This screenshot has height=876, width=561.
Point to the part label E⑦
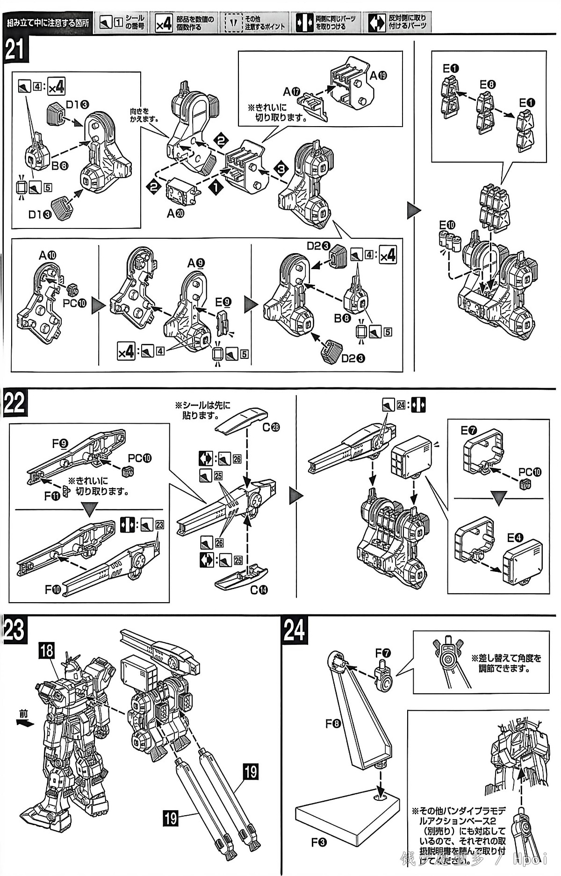click(x=469, y=430)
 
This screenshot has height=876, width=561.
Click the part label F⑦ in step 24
click(x=383, y=653)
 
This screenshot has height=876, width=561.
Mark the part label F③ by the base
click(x=319, y=842)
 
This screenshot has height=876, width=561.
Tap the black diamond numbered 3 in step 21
click(x=279, y=167)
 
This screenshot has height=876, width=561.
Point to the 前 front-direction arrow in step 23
click(x=24, y=722)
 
